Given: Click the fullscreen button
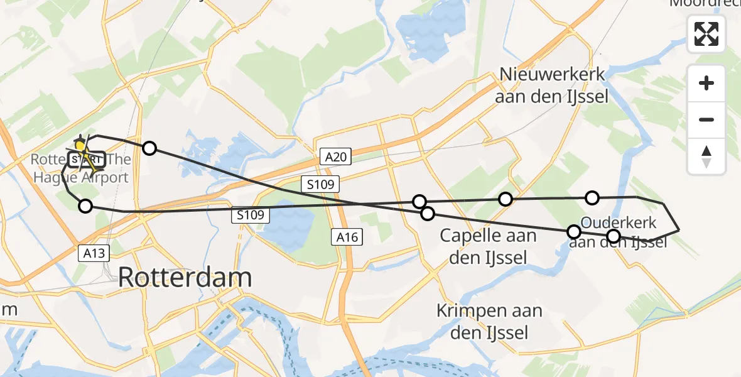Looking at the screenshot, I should click(x=706, y=34).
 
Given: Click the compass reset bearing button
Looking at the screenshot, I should click(x=706, y=156).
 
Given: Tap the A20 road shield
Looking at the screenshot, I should click(x=336, y=156).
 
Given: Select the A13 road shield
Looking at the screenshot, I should click(x=94, y=253).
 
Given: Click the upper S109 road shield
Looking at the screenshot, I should click(x=320, y=184).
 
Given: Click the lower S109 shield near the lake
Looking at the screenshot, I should click(x=250, y=216).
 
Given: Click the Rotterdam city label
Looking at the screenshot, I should click(x=185, y=277).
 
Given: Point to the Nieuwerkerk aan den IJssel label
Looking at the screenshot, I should click(x=552, y=85).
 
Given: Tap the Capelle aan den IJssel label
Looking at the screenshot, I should click(x=488, y=246).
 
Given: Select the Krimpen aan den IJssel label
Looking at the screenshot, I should click(x=490, y=322).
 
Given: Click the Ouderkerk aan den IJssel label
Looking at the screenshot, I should click(x=619, y=232).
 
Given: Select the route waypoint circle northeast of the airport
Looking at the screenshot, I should click(x=149, y=148).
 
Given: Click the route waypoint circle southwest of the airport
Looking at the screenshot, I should click(x=85, y=205).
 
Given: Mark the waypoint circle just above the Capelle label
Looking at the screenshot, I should click(x=428, y=214).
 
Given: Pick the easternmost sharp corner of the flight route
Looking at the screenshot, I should click(x=679, y=231).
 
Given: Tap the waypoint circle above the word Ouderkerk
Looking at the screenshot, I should click(x=592, y=198).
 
